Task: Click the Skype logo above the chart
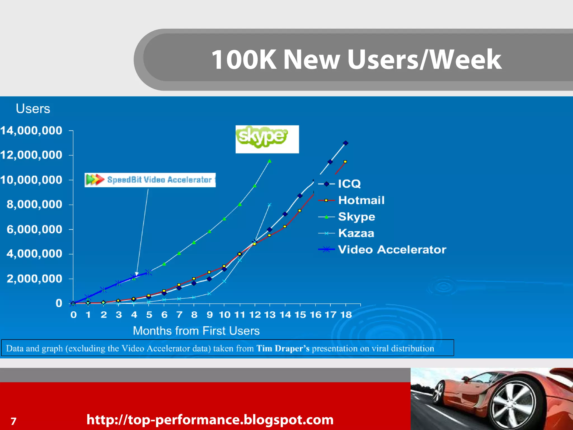click(267, 139)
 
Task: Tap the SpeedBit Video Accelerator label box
click(150, 180)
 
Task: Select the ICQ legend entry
click(349, 184)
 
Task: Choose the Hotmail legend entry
click(361, 200)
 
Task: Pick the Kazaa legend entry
click(356, 233)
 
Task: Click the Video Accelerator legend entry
click(392, 249)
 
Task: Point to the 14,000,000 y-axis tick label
click(31, 130)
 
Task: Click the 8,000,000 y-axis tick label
click(34, 204)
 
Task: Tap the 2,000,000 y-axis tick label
click(34, 279)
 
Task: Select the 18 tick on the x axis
click(346, 315)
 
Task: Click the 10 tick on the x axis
click(225, 315)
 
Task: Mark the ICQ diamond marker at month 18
click(346, 143)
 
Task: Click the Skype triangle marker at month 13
click(269, 161)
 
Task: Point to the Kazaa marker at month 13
click(269, 205)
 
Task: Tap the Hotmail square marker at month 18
click(345, 162)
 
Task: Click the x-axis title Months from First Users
click(196, 331)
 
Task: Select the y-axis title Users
click(33, 109)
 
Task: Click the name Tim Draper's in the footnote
click(283, 349)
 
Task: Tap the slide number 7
click(13, 421)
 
